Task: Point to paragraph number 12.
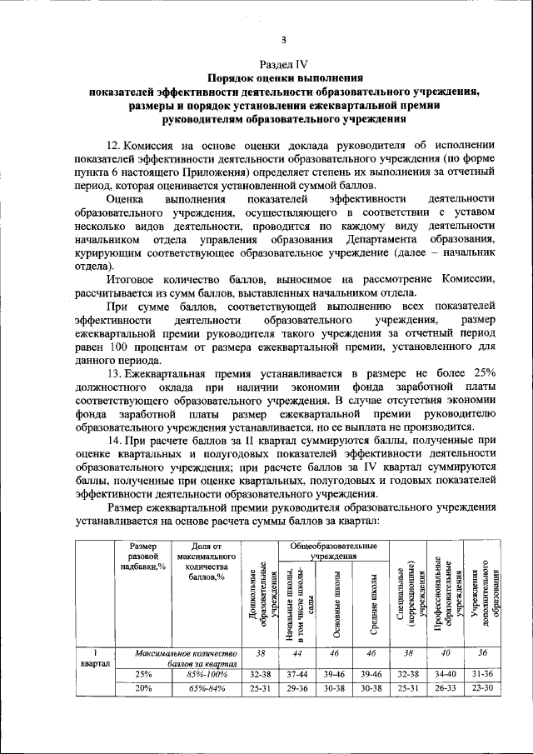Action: click(x=117, y=143)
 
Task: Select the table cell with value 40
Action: click(x=446, y=654)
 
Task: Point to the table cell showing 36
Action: click(x=483, y=654)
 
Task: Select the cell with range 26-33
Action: click(x=446, y=688)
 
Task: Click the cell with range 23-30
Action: click(x=483, y=688)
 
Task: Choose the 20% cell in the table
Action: click(x=143, y=688)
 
